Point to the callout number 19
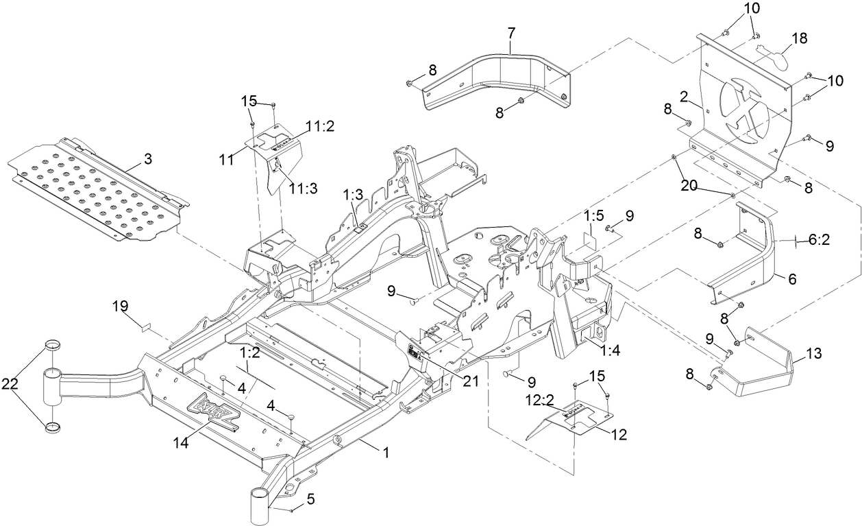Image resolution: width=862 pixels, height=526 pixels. (x=121, y=309)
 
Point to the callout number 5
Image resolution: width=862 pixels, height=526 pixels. (x=310, y=499)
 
